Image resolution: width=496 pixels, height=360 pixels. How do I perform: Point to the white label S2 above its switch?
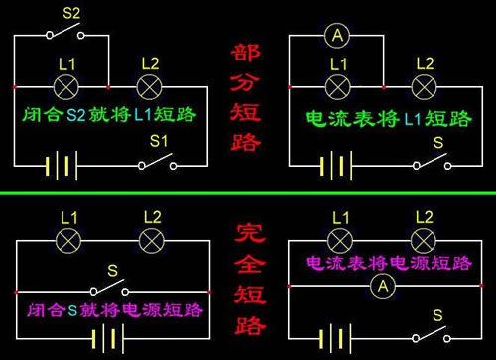(x=70, y=13)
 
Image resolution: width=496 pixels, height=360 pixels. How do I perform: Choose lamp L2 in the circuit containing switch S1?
(x=150, y=86)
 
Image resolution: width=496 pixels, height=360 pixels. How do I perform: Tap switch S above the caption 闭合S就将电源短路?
(x=111, y=289)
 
